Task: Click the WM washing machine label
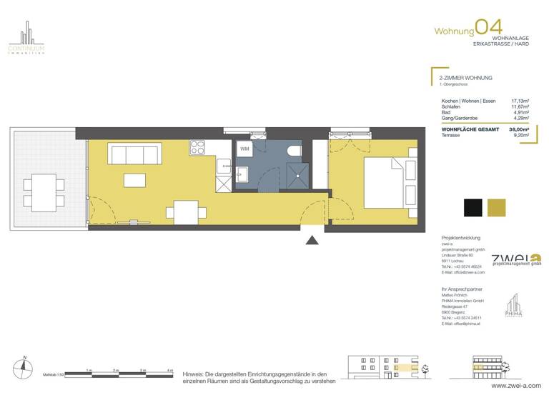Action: pyautogui.click(x=245, y=149)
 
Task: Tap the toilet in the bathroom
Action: pyautogui.click(x=292, y=151)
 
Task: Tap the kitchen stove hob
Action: pyautogui.click(x=197, y=149)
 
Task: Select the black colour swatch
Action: pyautogui.click(x=473, y=208)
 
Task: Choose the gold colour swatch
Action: pyautogui.click(x=496, y=208)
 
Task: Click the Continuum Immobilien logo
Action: pyautogui.click(x=26, y=39)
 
